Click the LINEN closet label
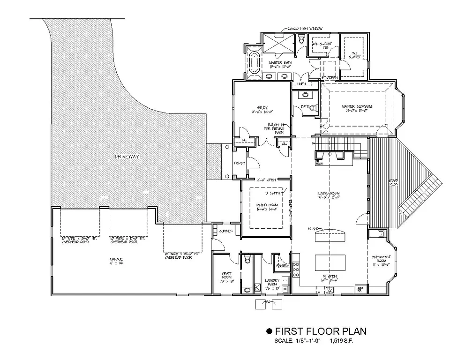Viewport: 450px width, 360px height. (301, 84)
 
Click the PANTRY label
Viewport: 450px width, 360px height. (282, 266)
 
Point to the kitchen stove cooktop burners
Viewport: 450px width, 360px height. (296, 270)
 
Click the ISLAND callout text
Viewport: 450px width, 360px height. (314, 229)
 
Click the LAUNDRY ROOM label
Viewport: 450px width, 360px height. (272, 283)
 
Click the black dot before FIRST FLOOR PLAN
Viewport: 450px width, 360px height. (269, 331)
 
